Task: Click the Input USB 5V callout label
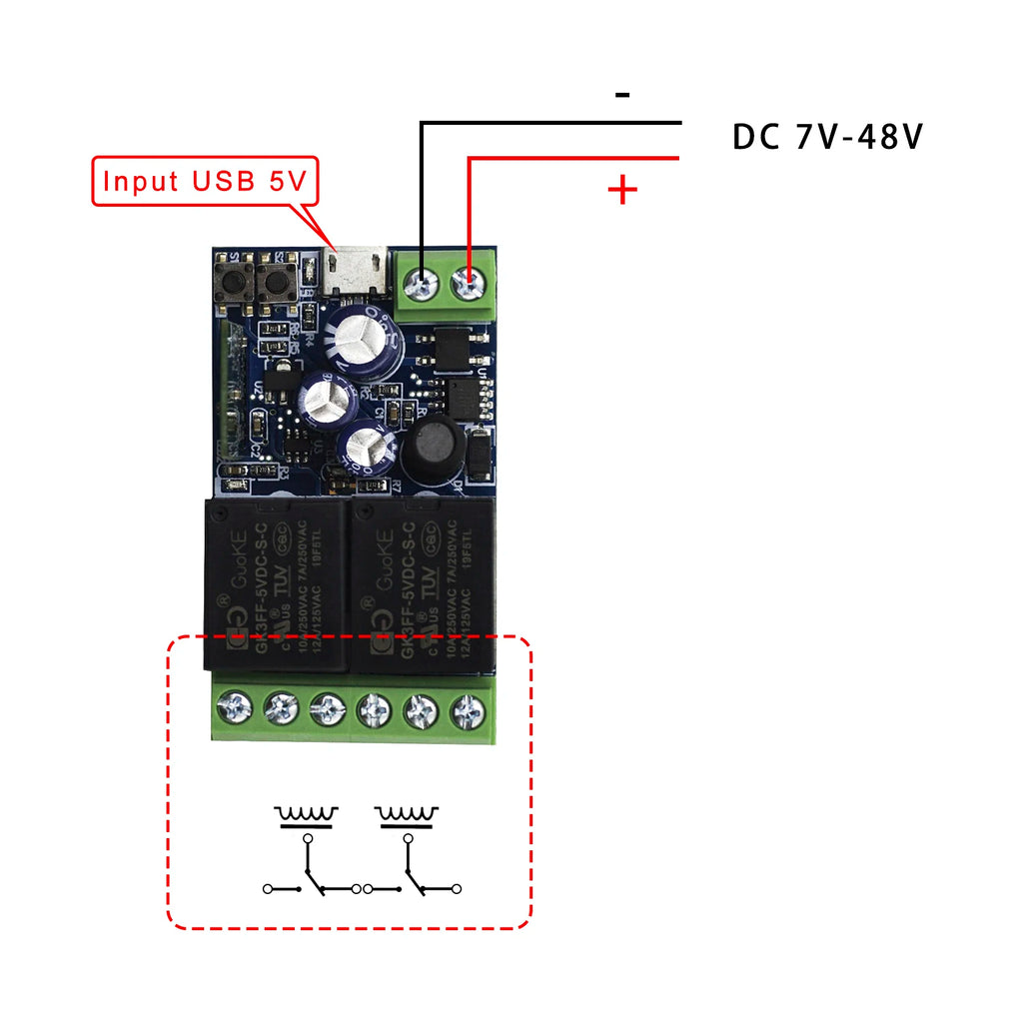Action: point(205,181)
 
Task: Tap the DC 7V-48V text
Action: point(828,138)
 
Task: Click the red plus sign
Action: point(622,190)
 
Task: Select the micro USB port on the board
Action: point(357,273)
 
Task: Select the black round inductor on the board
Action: point(434,450)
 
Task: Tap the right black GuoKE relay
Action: point(421,583)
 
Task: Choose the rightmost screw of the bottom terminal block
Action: point(468,711)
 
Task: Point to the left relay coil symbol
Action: point(307,815)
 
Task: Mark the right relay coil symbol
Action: point(408,815)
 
